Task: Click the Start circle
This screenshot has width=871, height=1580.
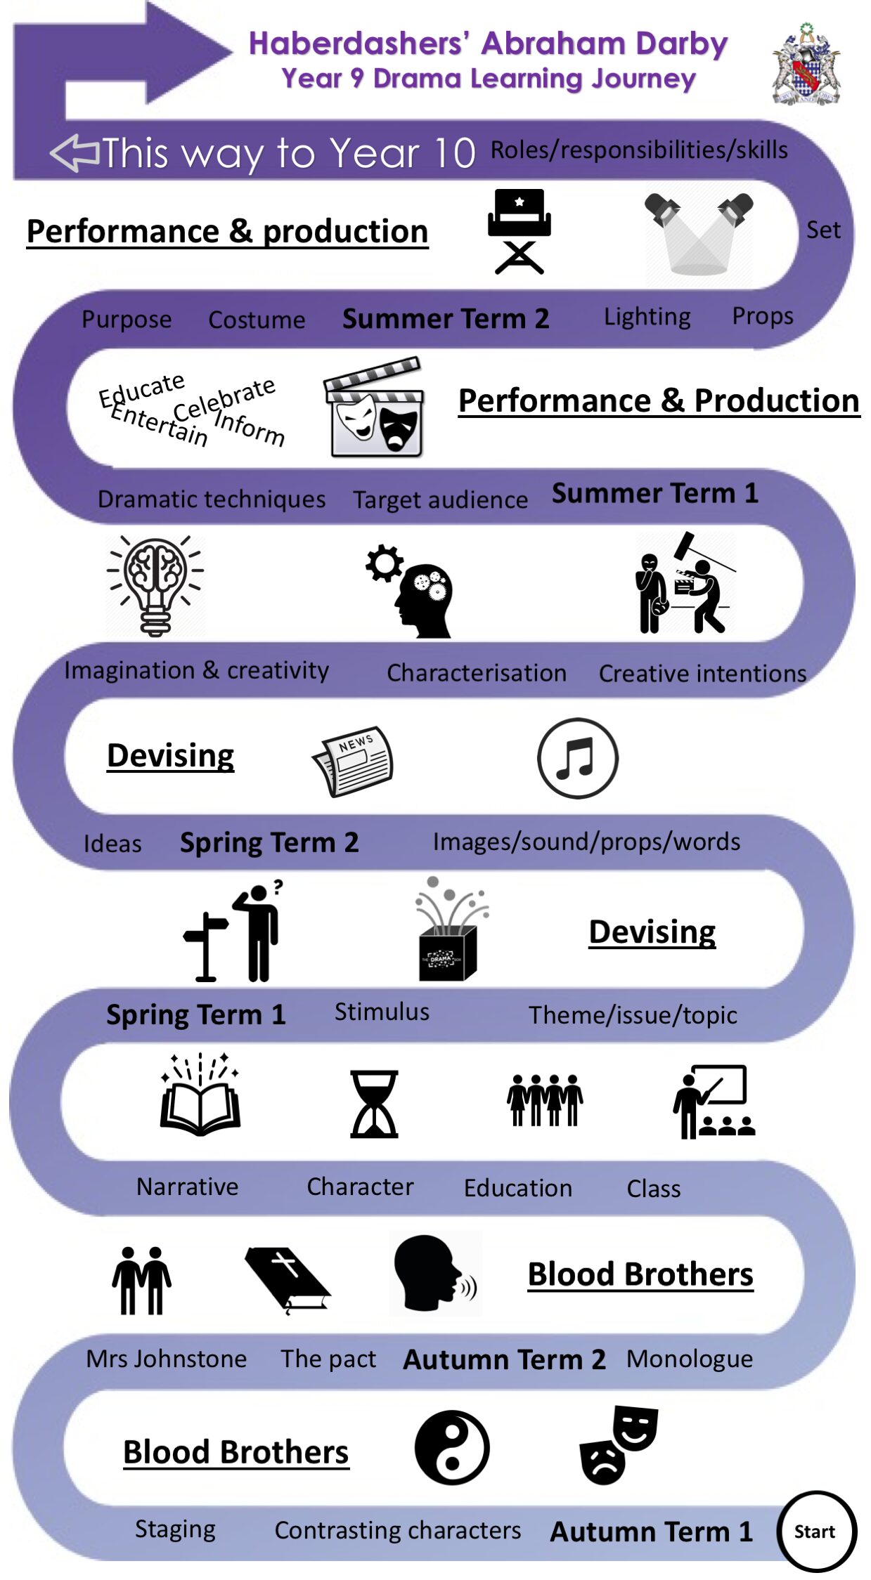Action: pos(815,1531)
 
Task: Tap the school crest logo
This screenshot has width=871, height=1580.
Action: pos(806,65)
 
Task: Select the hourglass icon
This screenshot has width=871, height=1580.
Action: pos(374,1104)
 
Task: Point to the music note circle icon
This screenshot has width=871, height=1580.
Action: pos(578,758)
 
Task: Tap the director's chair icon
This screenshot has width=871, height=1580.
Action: pos(519,230)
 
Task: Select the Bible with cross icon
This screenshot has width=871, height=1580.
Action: pos(288,1279)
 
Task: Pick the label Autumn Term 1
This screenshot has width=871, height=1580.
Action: pos(651,1532)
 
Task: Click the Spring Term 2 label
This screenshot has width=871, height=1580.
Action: pos(269,842)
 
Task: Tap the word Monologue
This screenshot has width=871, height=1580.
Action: pos(689,1359)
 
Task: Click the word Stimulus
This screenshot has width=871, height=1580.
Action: pos(382,1012)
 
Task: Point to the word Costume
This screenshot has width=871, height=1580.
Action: pos(257,320)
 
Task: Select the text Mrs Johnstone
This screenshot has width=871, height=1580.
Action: pos(166,1359)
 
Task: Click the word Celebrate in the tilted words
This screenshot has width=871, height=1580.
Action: pos(224,398)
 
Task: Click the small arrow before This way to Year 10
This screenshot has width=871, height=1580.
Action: pos(75,153)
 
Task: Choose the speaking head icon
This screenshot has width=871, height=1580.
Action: pos(434,1273)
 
